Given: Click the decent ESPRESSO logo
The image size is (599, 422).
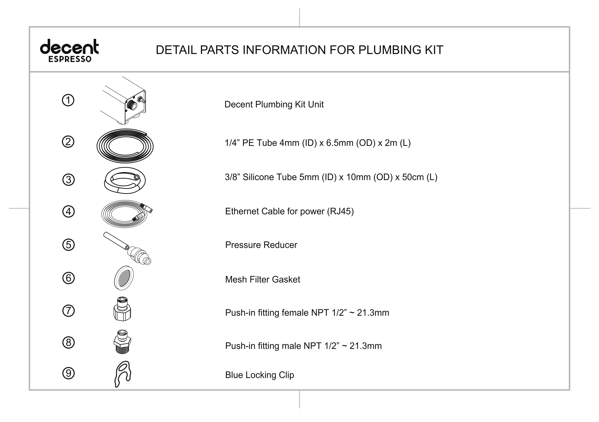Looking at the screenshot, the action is (69, 51).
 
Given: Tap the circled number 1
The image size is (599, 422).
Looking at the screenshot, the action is (68, 100).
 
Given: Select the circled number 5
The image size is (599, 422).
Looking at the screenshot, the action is (69, 245).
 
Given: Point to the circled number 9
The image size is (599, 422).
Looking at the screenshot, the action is (69, 373).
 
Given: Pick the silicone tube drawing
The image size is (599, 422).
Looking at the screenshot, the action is (125, 181).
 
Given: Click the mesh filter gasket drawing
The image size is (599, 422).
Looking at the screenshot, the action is (124, 278).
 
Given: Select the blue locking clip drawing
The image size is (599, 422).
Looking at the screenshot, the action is (123, 374).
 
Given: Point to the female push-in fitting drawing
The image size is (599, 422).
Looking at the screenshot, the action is (122, 309).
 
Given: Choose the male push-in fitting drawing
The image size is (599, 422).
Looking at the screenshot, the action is (122, 342).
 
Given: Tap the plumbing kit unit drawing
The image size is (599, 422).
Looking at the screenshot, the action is (123, 101).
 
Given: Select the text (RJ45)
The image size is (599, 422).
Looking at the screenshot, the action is (340, 211).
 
